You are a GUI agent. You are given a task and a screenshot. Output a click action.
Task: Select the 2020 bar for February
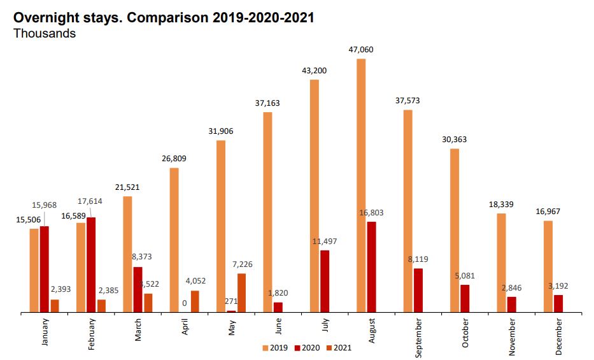click(x=91, y=265)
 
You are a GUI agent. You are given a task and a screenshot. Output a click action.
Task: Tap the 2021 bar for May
click(x=241, y=293)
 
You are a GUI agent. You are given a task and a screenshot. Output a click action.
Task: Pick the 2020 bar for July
click(x=325, y=282)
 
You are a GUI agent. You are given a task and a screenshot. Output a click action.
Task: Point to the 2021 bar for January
click(x=55, y=306)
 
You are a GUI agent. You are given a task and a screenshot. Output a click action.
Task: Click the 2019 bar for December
click(x=548, y=266)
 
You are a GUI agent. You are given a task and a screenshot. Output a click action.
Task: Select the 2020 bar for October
click(x=465, y=299)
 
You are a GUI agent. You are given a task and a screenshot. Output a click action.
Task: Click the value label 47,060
click(x=361, y=48)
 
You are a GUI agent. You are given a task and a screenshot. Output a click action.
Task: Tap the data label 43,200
click(x=315, y=70)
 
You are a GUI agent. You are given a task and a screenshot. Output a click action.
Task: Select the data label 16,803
click(x=371, y=212)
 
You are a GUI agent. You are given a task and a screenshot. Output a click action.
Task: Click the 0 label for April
click(x=185, y=303)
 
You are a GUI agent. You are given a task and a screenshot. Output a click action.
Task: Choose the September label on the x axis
click(x=418, y=333)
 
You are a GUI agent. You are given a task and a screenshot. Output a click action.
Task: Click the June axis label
click(x=278, y=328)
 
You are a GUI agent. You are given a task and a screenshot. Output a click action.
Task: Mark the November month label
click(x=512, y=333)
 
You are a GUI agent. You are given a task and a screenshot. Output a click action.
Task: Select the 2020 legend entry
click(x=308, y=348)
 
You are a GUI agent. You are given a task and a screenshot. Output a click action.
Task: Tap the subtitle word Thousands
click(x=45, y=34)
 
